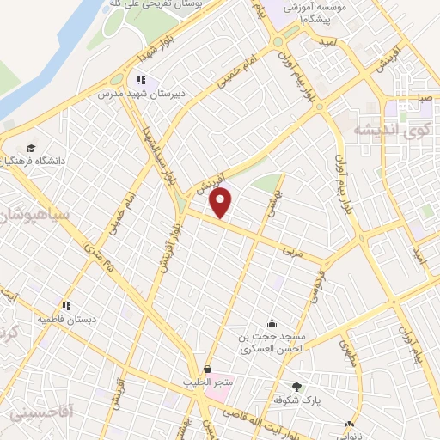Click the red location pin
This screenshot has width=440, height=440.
(222, 204)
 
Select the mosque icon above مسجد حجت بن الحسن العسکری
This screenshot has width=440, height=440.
(272, 323)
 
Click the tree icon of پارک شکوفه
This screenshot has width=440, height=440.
(297, 387)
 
